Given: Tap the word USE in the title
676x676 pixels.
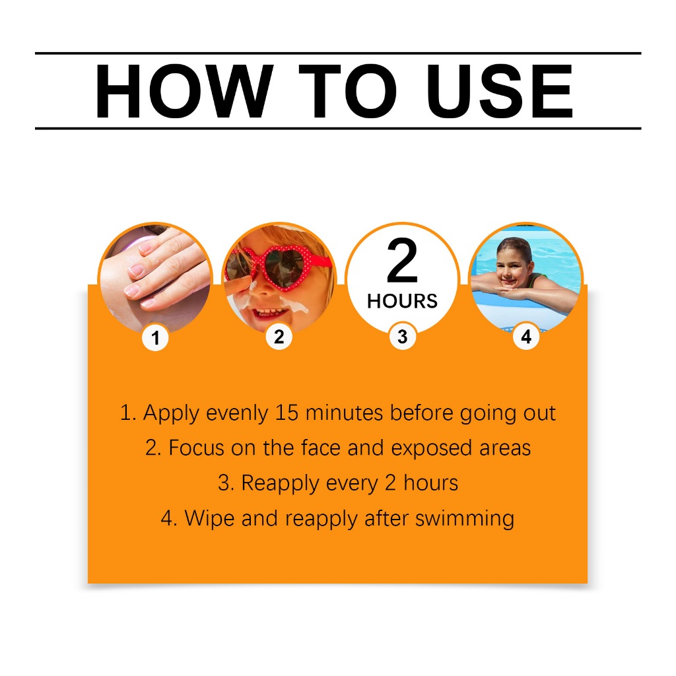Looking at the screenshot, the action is pyautogui.click(x=500, y=91).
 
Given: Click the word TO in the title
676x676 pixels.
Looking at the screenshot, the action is pyautogui.click(x=347, y=91).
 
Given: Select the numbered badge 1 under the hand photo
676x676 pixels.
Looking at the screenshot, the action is pyautogui.click(x=156, y=337).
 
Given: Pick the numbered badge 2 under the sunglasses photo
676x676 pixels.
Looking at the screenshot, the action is pyautogui.click(x=279, y=336).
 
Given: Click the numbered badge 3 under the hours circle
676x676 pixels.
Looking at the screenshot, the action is pyautogui.click(x=402, y=336).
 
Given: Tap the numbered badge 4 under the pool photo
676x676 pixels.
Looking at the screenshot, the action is pyautogui.click(x=526, y=336).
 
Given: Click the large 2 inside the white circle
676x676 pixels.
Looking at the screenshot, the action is pyautogui.click(x=402, y=260).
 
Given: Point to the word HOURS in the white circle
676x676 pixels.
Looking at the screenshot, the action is pyautogui.click(x=402, y=301).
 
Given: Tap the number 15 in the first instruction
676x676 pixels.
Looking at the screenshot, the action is pyautogui.click(x=287, y=413).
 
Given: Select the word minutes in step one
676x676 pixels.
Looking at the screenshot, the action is pyautogui.click(x=344, y=413).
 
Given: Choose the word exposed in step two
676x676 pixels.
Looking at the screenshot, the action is pyautogui.click(x=432, y=449).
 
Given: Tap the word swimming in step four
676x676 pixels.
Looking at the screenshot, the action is pyautogui.click(x=465, y=519).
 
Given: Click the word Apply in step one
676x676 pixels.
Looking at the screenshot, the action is pyautogui.click(x=171, y=414).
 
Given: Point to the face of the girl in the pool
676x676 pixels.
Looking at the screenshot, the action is pyautogui.click(x=512, y=265).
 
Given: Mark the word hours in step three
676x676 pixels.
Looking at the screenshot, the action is pyautogui.click(x=430, y=483).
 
